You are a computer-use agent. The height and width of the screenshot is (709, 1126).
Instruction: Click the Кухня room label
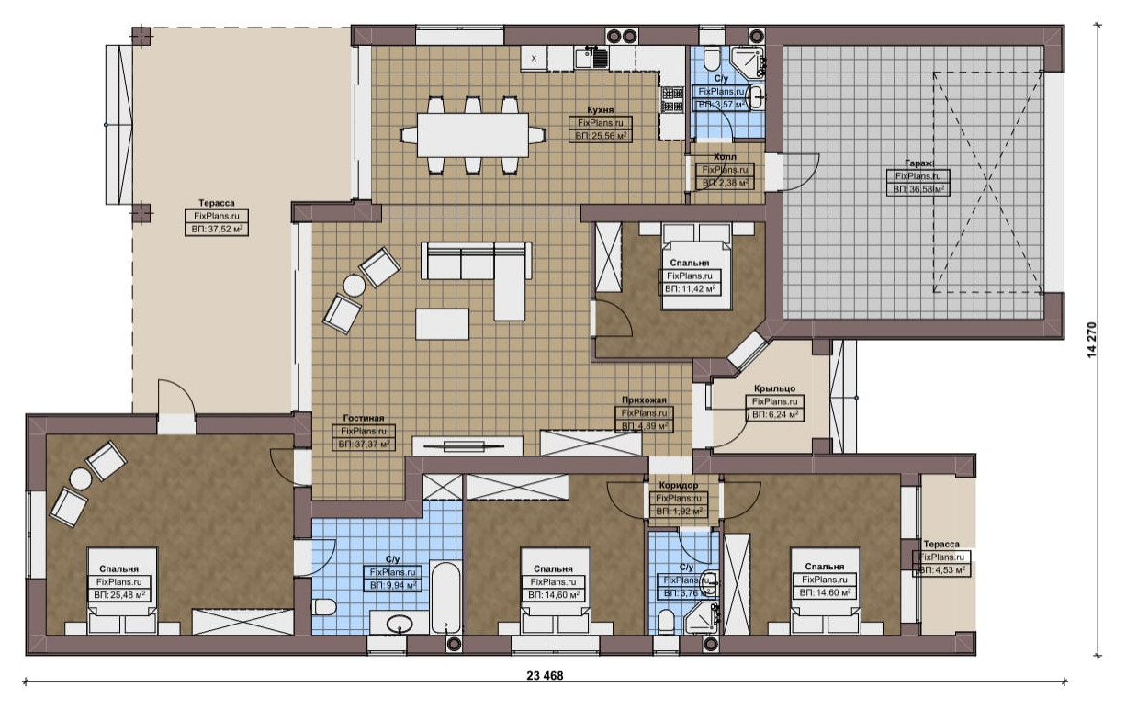(601, 109)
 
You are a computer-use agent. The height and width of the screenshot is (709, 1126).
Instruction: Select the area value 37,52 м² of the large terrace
(217, 230)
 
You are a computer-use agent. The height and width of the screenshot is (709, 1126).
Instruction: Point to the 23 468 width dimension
(545, 675)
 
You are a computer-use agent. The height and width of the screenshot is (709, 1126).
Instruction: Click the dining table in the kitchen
(472, 135)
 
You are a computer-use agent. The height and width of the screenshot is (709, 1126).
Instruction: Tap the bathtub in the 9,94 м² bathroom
(445, 598)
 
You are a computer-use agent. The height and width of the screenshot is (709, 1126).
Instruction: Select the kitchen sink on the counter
(584, 58)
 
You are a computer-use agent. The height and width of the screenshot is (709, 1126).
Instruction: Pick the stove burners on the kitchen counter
(672, 99)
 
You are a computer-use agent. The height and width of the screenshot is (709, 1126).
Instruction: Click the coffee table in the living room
(443, 324)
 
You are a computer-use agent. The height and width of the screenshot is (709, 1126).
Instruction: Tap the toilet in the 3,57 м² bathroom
(712, 59)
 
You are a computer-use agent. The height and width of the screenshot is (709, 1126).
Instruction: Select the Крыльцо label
(774, 388)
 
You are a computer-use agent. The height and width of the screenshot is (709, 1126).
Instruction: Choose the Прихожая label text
(644, 400)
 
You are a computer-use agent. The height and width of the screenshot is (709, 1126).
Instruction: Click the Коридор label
(678, 486)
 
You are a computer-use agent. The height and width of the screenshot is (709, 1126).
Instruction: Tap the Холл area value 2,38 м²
(726, 183)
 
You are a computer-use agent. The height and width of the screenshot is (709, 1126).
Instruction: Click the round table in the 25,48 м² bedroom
(81, 478)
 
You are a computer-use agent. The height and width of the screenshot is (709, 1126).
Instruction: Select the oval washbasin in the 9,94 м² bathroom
(400, 625)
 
